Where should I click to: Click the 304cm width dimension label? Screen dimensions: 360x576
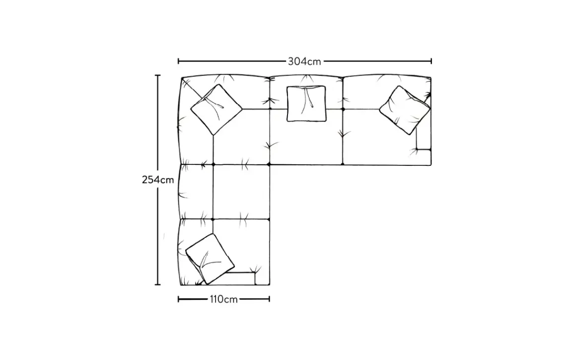point(304,62)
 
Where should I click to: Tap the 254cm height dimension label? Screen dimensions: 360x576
point(158,180)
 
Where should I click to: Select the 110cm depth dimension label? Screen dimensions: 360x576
point(223,299)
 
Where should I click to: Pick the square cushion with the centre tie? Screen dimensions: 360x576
point(306,103)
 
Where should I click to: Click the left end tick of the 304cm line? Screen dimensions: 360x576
point(178,61)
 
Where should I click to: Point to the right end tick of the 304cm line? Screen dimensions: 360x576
point(431,61)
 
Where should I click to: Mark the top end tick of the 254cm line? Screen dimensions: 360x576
point(158,75)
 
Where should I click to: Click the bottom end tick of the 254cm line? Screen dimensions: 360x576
point(158,285)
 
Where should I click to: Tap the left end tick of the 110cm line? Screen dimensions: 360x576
point(178,299)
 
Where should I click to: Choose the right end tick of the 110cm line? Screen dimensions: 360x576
point(269,299)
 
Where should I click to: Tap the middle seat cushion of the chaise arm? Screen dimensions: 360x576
point(241,192)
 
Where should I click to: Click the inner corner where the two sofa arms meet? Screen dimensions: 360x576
point(269,164)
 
